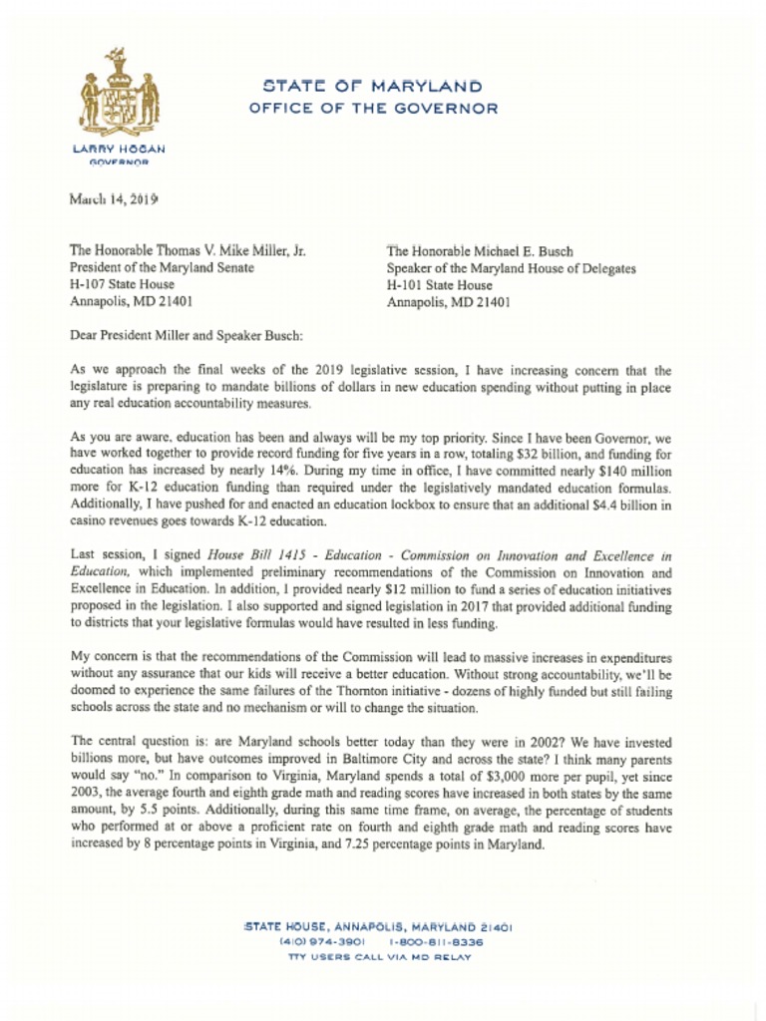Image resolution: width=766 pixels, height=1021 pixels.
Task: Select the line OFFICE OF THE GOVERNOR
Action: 372,109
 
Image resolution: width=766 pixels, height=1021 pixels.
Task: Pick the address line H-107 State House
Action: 115,284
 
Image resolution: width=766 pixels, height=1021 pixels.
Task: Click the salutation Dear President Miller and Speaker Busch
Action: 186,335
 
